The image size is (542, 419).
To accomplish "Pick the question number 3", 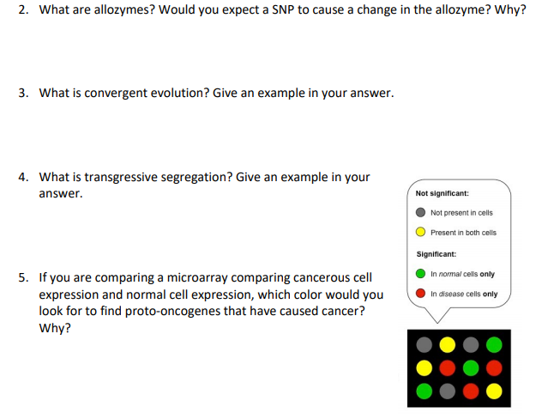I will click(23, 93).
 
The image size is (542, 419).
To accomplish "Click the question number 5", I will click(23, 277).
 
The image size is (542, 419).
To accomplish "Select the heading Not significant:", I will click(442, 194).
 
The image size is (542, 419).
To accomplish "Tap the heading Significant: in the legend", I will click(436, 254).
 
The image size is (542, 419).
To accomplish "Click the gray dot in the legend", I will click(421, 213).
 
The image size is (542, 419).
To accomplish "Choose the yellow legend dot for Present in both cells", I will click(421, 232).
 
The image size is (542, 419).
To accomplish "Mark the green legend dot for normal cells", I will click(421, 274).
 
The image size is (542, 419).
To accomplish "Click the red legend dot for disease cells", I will click(421, 294).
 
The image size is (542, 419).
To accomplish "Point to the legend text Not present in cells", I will click(461, 213).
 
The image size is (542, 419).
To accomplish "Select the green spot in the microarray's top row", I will click(493, 345).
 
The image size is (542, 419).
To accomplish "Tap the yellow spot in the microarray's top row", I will click(447, 345).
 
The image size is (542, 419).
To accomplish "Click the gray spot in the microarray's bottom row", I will click(447, 392).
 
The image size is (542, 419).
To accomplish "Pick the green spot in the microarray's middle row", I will click(470, 368).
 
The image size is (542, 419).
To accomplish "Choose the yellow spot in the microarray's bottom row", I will click(493, 392).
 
